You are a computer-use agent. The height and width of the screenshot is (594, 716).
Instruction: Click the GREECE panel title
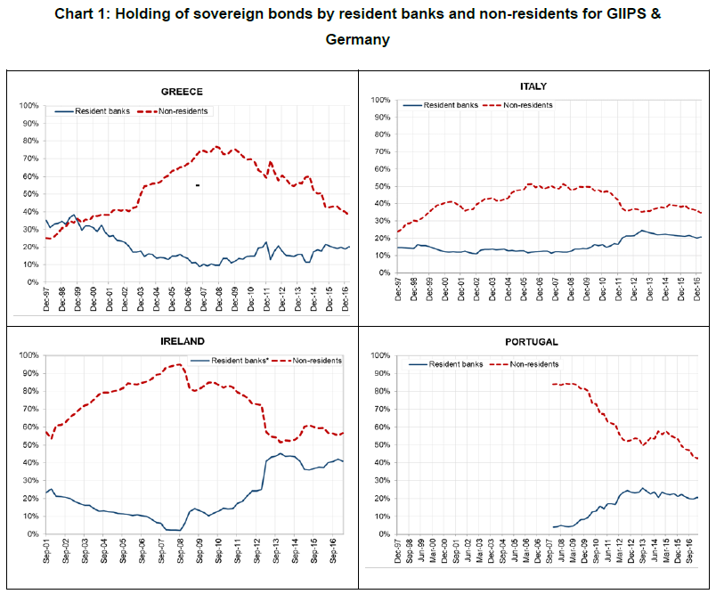(x=182, y=91)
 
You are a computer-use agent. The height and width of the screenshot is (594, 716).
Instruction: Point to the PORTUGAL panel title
(x=534, y=341)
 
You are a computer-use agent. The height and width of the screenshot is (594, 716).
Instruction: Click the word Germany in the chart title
(x=357, y=40)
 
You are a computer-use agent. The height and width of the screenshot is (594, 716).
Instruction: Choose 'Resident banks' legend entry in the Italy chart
(x=451, y=105)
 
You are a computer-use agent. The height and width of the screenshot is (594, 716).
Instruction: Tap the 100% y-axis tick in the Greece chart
(x=27, y=106)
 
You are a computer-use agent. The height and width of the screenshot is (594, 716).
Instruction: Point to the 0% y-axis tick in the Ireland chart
(x=29, y=534)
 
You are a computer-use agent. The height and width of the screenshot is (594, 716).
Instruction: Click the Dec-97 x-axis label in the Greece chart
(x=47, y=298)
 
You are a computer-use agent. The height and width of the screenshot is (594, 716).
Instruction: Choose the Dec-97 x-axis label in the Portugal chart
(x=396, y=550)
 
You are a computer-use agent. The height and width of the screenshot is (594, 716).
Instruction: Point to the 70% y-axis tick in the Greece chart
(x=27, y=159)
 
